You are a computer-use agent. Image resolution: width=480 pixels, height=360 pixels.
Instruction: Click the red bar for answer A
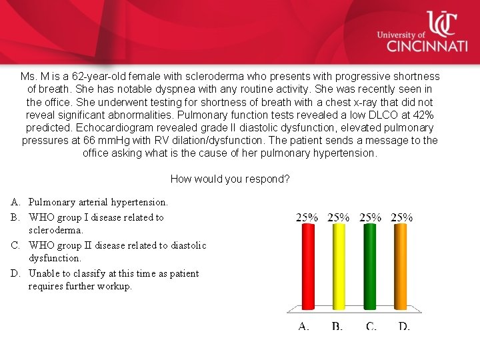pos(307,267)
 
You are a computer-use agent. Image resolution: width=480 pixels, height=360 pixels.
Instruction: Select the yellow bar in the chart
pos(339,267)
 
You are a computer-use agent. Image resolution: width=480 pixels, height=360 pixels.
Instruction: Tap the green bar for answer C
pos(370,267)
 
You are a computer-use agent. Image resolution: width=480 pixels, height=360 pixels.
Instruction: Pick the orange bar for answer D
pos(401,267)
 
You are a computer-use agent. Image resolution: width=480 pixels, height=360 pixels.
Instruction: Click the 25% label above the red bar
pos(307,217)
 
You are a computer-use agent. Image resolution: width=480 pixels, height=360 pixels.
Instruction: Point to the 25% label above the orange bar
pos(401,217)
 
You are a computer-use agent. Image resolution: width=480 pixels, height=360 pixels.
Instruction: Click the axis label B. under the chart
pos(337,326)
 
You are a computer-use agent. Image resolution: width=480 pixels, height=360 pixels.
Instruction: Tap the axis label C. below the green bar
pos(371,326)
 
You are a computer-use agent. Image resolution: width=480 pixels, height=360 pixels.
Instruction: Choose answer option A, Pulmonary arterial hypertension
pos(98,201)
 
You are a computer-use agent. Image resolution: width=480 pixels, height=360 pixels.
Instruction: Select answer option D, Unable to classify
pos(113,279)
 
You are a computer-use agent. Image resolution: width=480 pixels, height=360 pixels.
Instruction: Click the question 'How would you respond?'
pos(230,179)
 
